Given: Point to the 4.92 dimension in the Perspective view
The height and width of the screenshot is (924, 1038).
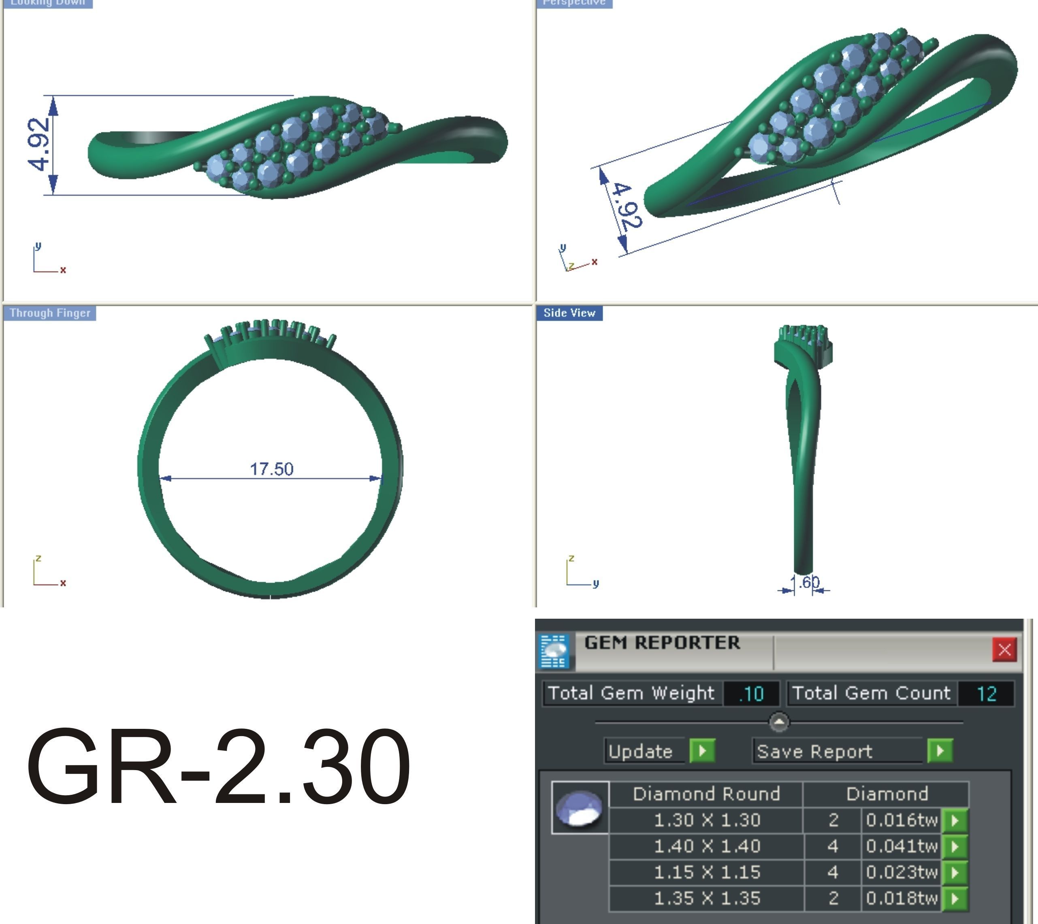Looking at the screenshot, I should pos(628,206).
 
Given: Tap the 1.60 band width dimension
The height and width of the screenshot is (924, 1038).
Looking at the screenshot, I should pos(808,582).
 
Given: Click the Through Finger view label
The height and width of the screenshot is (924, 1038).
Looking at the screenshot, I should pos(50,313).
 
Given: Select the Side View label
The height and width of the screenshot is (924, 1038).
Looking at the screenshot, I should pos(569,313).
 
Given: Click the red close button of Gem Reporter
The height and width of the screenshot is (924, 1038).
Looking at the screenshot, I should pos(1004,649).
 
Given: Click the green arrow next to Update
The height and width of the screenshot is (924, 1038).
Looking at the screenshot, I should pos(702,751).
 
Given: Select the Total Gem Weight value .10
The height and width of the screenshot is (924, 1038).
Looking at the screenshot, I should pos(752,694).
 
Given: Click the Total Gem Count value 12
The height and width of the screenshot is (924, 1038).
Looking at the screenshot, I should pos(986,694).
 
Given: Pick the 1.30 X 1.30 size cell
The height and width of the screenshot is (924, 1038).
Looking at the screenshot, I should pos(706,820).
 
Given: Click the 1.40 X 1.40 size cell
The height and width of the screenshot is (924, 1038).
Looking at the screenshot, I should pos(706,846).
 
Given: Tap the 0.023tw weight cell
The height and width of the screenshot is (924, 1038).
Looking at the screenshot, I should pos(901,872).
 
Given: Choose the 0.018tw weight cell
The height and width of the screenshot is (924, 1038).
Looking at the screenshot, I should pos(901,898).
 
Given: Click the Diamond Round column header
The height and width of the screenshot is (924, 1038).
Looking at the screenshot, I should pos(706,794).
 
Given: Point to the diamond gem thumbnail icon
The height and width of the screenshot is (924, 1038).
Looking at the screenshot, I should pos(580,808).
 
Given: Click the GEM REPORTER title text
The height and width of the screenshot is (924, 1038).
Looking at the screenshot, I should pos(662,643).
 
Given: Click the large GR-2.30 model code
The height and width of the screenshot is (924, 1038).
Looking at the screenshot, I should pos(218,768).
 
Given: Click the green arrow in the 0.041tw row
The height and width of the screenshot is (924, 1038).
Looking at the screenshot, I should pos(955,846).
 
